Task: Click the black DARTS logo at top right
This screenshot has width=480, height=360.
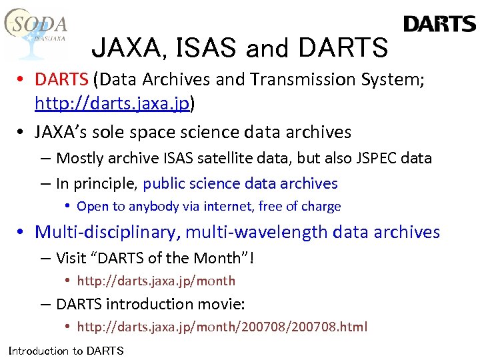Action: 439,25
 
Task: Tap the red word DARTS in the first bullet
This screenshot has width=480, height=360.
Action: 61,80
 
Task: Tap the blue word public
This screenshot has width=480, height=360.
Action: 167,183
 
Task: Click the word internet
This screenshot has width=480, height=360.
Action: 224,207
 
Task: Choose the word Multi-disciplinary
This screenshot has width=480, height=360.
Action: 107,232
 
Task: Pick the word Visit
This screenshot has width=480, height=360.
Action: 71,257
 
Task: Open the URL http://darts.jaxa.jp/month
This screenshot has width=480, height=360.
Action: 156,281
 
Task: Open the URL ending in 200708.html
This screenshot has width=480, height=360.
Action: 222,327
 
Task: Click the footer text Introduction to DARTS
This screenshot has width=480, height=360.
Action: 66,351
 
